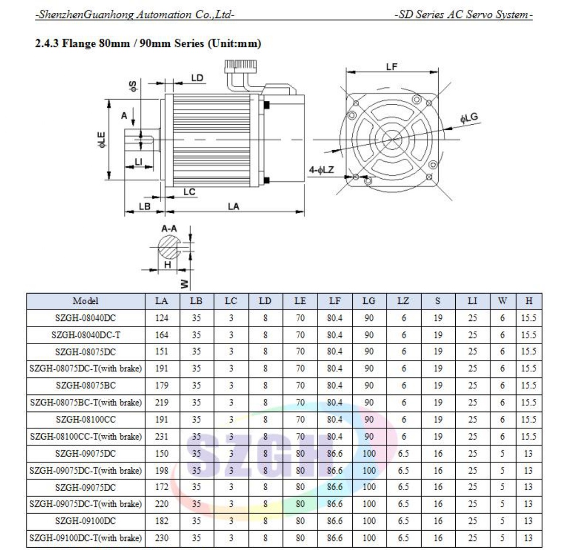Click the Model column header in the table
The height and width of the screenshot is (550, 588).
click(x=85, y=301)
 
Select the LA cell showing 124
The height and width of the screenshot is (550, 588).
click(x=162, y=318)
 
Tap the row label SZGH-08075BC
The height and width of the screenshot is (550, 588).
click(x=85, y=385)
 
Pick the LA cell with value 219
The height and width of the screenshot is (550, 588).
click(x=162, y=403)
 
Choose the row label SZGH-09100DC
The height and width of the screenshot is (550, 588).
click(x=85, y=521)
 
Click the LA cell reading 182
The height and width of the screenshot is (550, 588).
click(x=162, y=521)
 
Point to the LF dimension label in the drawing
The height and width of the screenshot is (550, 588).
click(x=391, y=67)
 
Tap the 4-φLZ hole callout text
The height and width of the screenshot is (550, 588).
click(x=322, y=170)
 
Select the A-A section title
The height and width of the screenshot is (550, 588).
click(x=169, y=229)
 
